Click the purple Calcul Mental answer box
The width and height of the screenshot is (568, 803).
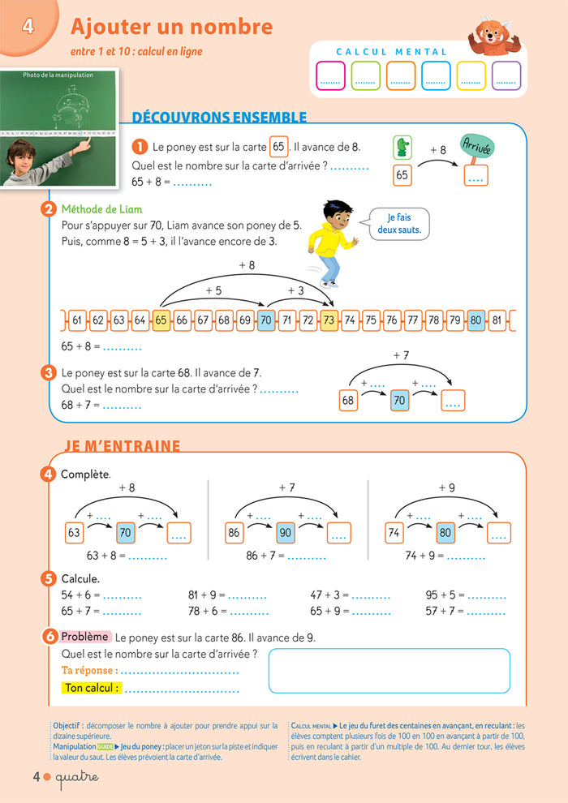coord(506,75)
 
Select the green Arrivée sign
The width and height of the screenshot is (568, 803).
coord(476,146)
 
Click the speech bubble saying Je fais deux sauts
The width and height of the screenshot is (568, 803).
coord(394,224)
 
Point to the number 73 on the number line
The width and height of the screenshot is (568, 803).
coord(329,320)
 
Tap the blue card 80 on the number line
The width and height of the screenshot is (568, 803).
coord(476,320)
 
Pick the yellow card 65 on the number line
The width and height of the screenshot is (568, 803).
coord(161,320)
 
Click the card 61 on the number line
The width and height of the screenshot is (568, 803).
coord(77,320)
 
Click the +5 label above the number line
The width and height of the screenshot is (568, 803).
coord(213,290)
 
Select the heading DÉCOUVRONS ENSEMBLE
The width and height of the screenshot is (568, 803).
coord(219,118)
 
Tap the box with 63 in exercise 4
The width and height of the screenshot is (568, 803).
coord(75,533)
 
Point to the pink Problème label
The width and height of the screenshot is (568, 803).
coord(85,637)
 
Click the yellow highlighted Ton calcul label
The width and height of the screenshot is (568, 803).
coord(91,688)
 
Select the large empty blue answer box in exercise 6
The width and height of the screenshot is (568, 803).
coord(389,671)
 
